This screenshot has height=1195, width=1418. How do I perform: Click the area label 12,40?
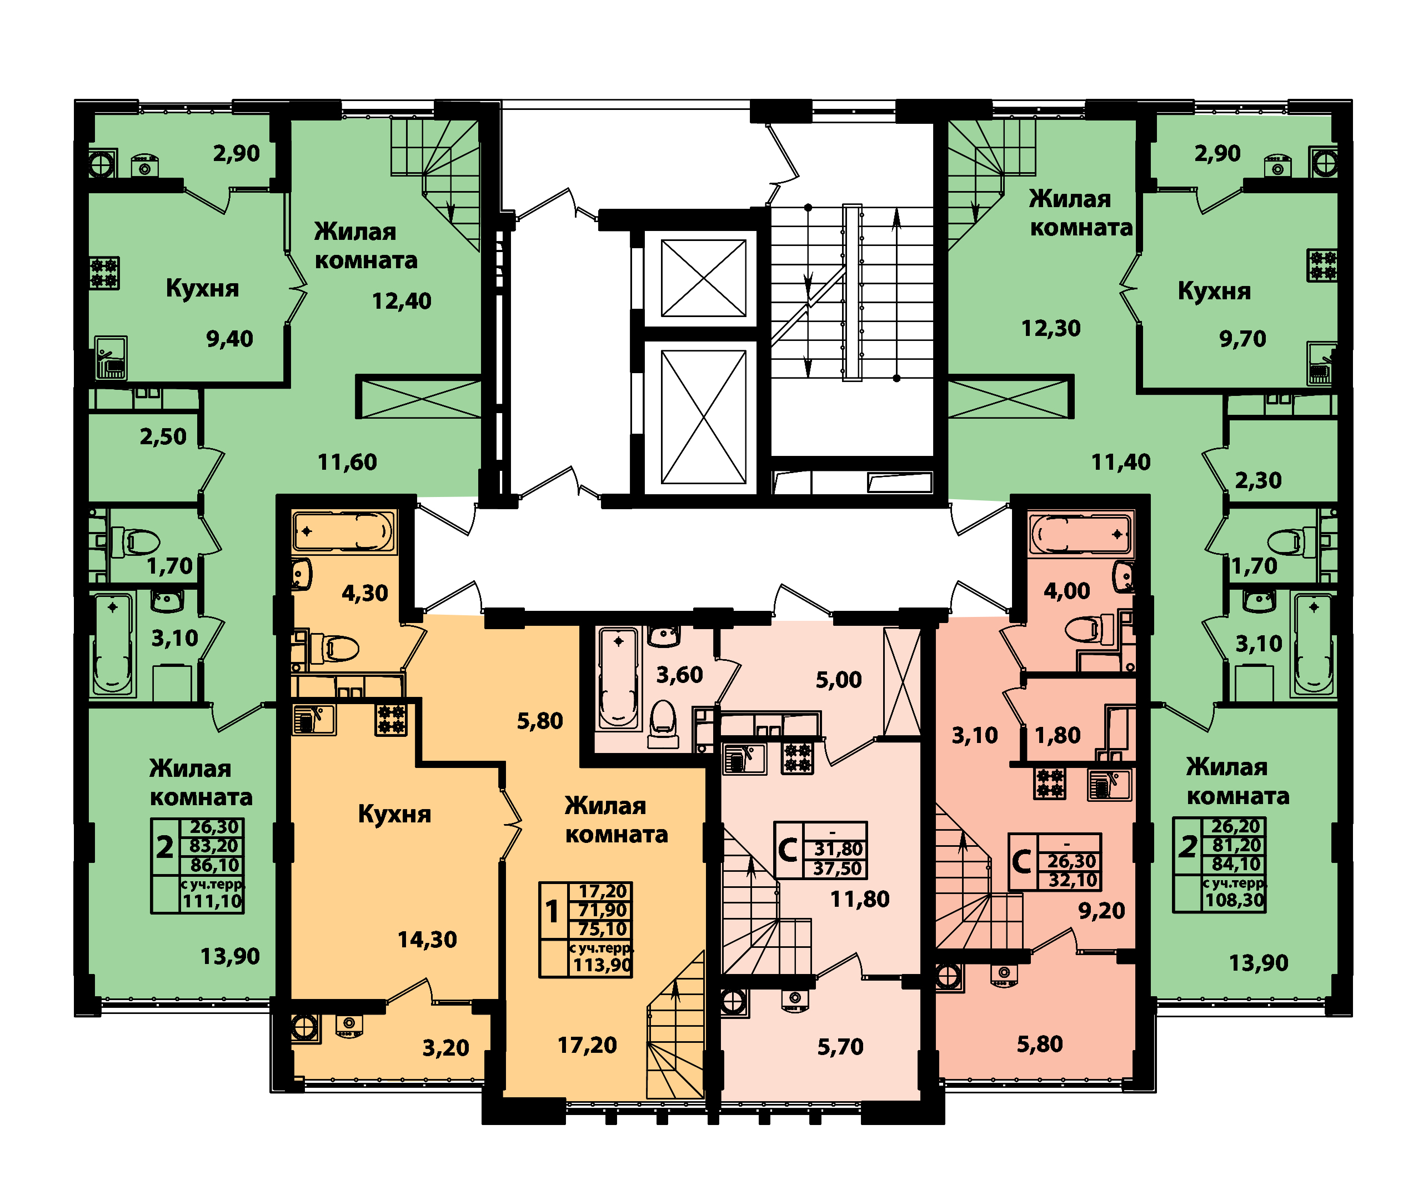(401, 301)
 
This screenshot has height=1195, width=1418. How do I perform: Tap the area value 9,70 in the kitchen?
(1242, 339)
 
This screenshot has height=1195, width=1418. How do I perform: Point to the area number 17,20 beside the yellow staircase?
(587, 1045)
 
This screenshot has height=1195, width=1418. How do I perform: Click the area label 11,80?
(860, 899)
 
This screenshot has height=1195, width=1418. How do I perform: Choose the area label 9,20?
(1101, 911)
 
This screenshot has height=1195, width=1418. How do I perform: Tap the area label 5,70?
(840, 1047)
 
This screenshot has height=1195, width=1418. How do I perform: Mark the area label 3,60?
(679, 675)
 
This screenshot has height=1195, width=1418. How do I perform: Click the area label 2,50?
(163, 436)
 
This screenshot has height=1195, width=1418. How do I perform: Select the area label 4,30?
(364, 594)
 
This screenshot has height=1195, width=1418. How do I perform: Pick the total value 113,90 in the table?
(602, 965)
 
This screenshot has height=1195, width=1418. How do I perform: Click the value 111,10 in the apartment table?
(212, 901)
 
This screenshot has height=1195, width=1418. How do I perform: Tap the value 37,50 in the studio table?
(838, 868)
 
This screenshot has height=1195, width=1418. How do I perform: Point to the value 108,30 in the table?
(1234, 900)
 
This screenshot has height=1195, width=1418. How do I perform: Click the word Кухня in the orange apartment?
(394, 814)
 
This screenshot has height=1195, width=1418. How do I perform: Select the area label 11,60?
(347, 462)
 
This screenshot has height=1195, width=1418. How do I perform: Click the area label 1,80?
(1058, 735)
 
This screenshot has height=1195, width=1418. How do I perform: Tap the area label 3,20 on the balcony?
(446, 1048)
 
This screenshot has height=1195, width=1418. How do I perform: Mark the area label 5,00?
(839, 680)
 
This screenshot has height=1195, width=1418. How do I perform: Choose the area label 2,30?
(1258, 480)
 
